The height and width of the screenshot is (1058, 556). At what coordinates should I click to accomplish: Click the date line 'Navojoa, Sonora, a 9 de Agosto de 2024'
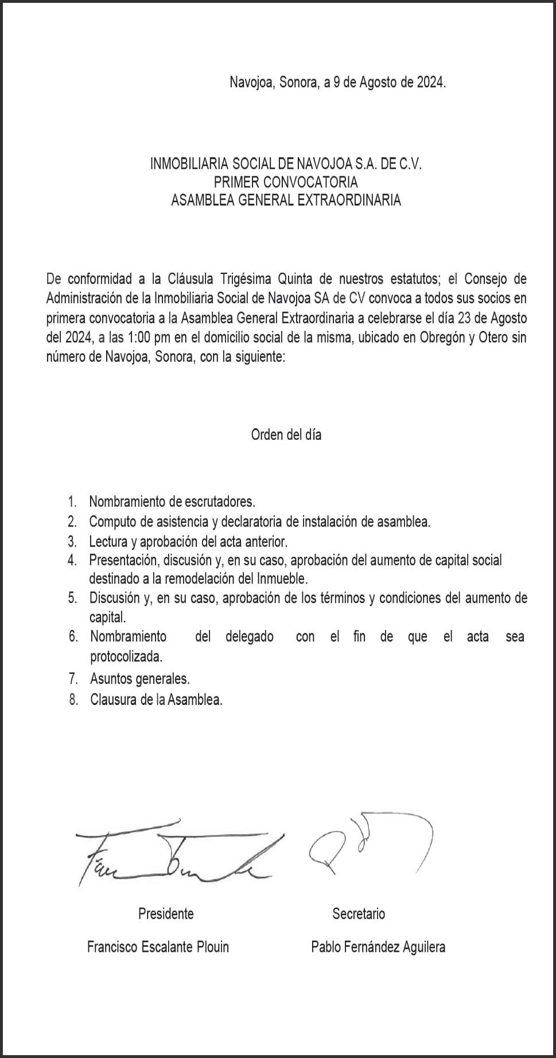(x=337, y=82)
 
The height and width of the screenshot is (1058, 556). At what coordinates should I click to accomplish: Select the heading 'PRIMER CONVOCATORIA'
(x=286, y=183)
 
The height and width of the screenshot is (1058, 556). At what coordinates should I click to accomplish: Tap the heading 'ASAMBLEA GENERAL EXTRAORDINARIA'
(x=286, y=200)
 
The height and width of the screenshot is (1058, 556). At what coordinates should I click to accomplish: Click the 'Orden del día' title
(x=286, y=435)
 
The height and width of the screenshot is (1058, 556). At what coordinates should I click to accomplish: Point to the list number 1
(x=72, y=502)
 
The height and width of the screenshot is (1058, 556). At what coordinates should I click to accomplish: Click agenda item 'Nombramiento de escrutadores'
(x=172, y=502)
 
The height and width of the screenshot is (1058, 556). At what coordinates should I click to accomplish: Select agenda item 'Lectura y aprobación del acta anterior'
(x=188, y=541)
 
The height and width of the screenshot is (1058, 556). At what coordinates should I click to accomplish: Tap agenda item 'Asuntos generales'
(x=139, y=679)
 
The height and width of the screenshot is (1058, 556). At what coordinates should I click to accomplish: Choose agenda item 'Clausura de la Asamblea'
(x=155, y=700)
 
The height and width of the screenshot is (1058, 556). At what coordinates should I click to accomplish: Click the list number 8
(x=73, y=700)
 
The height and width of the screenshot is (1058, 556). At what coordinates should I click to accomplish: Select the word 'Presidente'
(x=166, y=913)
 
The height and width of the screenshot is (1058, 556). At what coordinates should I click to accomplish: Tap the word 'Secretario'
(x=359, y=913)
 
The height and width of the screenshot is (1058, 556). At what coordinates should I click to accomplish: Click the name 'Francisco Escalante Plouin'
(x=158, y=947)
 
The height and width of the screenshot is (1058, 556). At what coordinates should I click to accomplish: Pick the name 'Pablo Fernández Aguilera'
(x=378, y=947)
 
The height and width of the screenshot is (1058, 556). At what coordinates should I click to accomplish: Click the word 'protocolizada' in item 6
(x=126, y=656)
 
